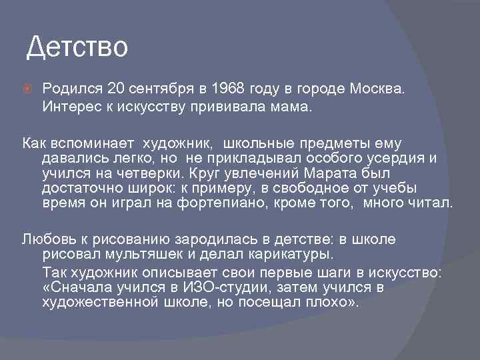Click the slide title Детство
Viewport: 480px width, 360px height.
pyautogui.click(x=77, y=47)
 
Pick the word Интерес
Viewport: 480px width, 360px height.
pyautogui.click(x=69, y=107)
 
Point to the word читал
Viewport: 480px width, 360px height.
pyautogui.click(x=429, y=203)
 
